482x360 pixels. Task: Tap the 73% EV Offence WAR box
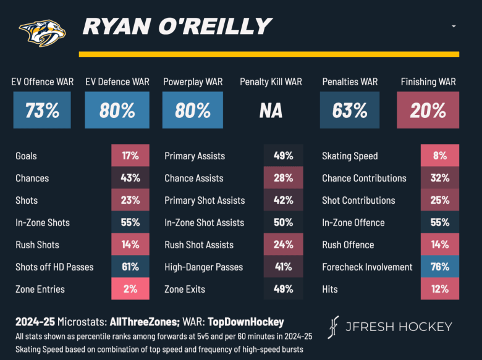[x=42, y=110]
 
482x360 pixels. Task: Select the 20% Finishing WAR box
[x=428, y=110]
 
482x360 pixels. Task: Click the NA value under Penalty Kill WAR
[x=271, y=111]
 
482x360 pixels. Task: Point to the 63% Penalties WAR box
[x=350, y=110]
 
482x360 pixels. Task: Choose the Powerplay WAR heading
[x=193, y=82]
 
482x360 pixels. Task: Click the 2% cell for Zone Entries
[x=130, y=289]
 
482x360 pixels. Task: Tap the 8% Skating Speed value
[x=440, y=156]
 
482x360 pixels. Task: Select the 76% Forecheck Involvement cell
[x=440, y=267]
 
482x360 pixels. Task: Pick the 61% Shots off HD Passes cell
[x=130, y=267]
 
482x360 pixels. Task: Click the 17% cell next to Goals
[x=130, y=156]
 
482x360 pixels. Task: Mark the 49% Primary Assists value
[x=283, y=156]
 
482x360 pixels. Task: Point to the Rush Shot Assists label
[x=199, y=245]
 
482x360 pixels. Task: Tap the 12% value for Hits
[x=440, y=289]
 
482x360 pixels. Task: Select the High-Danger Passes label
[x=203, y=267]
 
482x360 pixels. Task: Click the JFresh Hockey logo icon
[x=334, y=327]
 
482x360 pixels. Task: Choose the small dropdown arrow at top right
[x=454, y=27]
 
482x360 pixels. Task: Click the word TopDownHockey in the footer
[x=246, y=322]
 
